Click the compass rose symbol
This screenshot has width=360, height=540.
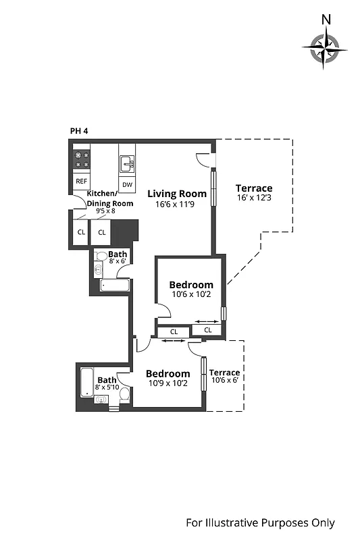(326, 49)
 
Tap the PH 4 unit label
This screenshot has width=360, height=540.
(79, 131)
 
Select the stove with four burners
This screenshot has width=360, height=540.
(82, 159)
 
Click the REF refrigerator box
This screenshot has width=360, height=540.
(81, 181)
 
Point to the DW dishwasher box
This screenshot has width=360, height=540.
(127, 184)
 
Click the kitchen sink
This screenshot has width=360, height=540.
(127, 162)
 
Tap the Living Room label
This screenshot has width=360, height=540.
(177, 194)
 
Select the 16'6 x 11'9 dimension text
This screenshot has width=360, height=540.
(176, 205)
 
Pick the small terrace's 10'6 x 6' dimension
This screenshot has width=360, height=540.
(224, 380)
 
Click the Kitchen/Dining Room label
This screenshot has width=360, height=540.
(110, 198)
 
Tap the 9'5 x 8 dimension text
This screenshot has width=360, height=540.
(105, 211)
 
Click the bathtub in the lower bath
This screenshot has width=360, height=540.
(86, 383)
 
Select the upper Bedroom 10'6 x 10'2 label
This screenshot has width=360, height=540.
(191, 289)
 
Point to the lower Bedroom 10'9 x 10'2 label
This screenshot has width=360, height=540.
(168, 378)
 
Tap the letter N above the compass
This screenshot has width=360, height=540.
(326, 19)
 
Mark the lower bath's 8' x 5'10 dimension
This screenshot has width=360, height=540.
(107, 387)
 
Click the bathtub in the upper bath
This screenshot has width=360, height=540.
(113, 285)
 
